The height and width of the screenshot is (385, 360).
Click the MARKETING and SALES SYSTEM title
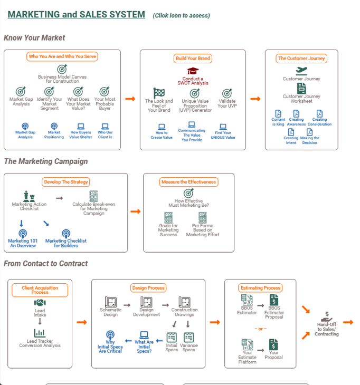77,15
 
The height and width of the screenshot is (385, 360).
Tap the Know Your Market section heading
35,38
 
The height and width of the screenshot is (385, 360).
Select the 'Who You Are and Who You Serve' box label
62,56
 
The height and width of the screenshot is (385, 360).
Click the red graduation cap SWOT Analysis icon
193,71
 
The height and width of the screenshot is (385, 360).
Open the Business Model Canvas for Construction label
62,79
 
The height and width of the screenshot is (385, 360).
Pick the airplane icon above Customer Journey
301,70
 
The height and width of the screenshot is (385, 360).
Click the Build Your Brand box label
193,59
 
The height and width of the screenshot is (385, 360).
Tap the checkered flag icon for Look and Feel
159,93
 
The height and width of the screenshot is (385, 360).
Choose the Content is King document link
278,122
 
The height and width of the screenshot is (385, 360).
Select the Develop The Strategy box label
66,182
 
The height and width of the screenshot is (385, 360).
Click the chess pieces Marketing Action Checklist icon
29,197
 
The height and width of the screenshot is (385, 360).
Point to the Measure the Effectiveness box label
188,182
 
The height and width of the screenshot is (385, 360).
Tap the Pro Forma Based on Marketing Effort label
203,230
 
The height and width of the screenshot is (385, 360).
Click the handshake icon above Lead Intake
40,303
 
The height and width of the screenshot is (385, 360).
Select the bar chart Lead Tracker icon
40,333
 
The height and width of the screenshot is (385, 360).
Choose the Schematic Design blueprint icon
110,302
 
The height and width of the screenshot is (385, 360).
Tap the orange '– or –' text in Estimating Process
261,329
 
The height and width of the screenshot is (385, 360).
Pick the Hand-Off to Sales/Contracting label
327,329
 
